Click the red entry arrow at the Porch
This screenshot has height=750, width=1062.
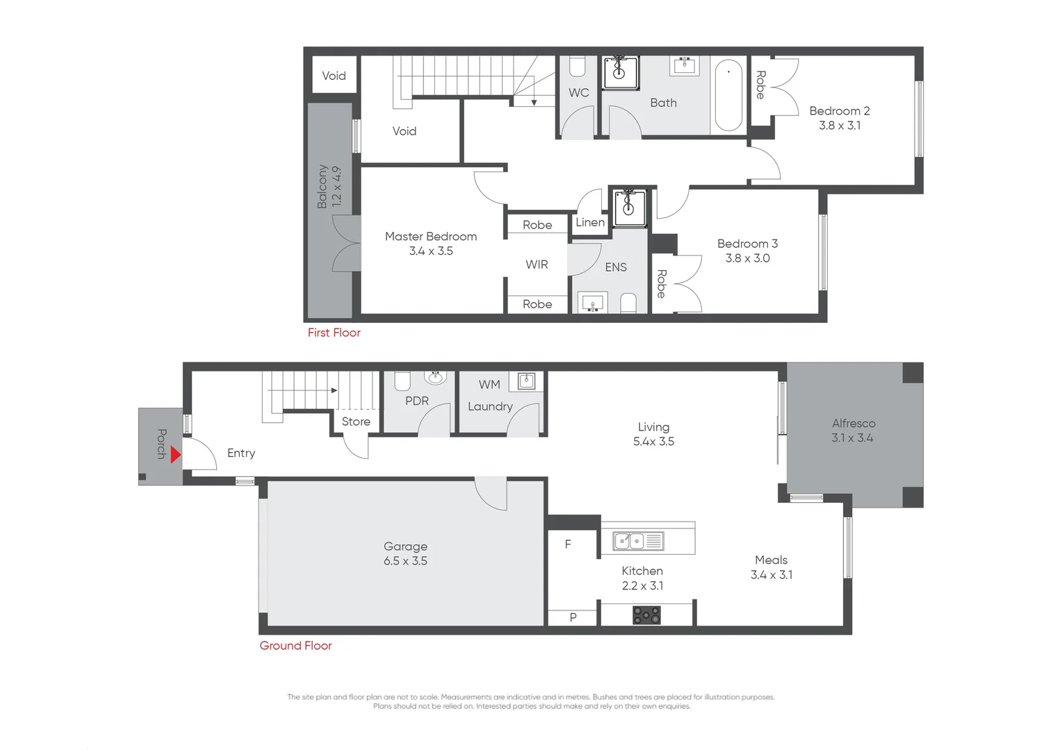(175, 455)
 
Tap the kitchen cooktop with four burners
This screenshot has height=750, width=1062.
(646, 615)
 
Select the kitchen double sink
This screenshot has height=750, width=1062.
(638, 541)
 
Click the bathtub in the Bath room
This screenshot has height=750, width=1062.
(728, 95)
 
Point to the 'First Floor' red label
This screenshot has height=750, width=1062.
(334, 333)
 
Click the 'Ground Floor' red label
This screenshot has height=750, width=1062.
(295, 646)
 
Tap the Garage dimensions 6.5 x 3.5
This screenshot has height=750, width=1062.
(405, 561)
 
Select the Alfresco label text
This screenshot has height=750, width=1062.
(853, 424)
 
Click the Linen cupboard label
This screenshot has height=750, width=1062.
(590, 222)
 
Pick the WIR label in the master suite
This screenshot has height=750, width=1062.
(537, 265)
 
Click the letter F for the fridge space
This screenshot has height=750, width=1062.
(568, 544)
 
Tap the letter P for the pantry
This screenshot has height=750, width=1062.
(573, 617)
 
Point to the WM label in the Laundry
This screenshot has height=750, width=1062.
(489, 385)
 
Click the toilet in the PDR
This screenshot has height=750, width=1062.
(402, 381)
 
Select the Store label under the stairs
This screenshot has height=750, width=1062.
(356, 422)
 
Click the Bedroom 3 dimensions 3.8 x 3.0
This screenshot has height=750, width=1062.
(747, 258)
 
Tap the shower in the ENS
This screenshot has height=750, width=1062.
(629, 206)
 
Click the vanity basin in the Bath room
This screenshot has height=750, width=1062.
(685, 66)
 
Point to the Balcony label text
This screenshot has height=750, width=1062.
(322, 186)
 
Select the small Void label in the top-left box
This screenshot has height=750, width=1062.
(334, 76)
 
